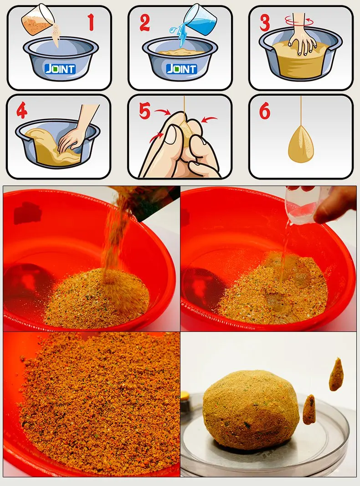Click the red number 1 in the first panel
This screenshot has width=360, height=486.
point(91,22)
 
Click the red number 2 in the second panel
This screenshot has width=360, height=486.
point(144,22)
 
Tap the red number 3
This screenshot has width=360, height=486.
point(265,23)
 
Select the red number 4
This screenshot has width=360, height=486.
point(22,111)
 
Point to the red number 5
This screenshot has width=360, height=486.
point(144,111)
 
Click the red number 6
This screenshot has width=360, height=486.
point(265,111)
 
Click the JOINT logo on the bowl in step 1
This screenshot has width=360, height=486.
point(60,68)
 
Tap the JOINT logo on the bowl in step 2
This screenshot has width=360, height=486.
point(181,68)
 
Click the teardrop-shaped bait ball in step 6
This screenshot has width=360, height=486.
point(300,144)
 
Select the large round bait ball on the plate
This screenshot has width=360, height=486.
point(251,410)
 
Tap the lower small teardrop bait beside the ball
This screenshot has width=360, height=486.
point(309,410)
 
